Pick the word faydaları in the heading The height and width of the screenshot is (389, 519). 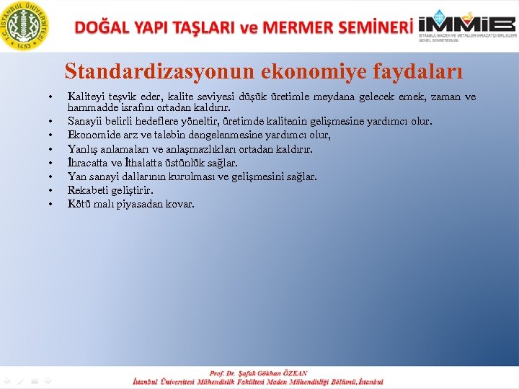click(419, 71)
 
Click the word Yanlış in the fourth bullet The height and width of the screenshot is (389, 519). click(82, 148)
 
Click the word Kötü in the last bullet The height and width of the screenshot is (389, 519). click(79, 204)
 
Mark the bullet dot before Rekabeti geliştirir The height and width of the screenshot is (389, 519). click(50, 191)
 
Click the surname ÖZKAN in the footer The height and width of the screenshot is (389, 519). click(293, 373)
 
